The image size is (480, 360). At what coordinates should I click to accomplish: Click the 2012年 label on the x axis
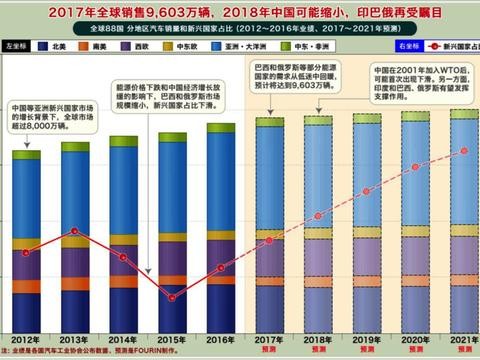(26, 340)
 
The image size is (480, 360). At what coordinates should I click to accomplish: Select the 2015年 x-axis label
(171, 340)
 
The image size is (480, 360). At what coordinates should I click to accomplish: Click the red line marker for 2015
(171, 297)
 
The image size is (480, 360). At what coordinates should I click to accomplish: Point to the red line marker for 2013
(75, 231)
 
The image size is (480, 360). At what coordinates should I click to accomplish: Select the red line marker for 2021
(461, 151)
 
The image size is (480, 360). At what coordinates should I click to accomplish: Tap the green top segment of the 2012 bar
(27, 155)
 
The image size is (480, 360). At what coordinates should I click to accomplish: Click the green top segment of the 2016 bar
(220, 136)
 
